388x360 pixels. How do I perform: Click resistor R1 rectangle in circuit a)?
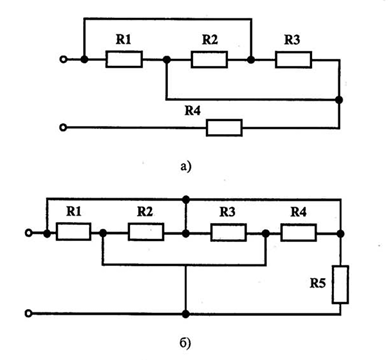pyautogui.click(x=124, y=59)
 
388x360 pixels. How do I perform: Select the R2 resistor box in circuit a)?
pyautogui.click(x=209, y=59)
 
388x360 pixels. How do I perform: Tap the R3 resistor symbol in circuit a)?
pyautogui.click(x=293, y=59)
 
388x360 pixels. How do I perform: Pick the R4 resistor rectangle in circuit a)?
pyautogui.click(x=224, y=128)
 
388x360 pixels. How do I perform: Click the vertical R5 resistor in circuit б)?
pyautogui.click(x=340, y=285)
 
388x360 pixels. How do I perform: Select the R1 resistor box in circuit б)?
pyautogui.click(x=73, y=232)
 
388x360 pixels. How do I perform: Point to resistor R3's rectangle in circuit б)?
pyautogui.click(x=229, y=232)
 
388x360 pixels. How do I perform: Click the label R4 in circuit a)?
pyautogui.click(x=193, y=111)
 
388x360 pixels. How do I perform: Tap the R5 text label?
pyautogui.click(x=318, y=283)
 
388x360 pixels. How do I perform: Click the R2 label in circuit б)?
pyautogui.click(x=145, y=211)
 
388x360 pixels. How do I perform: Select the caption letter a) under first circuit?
pyautogui.click(x=186, y=166)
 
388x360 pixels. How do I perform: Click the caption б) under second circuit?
pyautogui.click(x=186, y=343)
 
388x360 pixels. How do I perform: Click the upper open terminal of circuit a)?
pyautogui.click(x=63, y=60)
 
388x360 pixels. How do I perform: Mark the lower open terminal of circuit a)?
pyautogui.click(x=63, y=128)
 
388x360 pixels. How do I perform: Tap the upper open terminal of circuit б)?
pyautogui.click(x=29, y=233)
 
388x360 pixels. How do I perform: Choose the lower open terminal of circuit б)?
pyautogui.click(x=29, y=313)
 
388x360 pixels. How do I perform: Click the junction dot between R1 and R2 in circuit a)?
pyautogui.click(x=167, y=60)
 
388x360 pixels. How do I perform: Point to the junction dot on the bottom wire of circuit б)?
pyautogui.click(x=186, y=314)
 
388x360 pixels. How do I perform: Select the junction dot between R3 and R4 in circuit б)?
pyautogui.click(x=266, y=233)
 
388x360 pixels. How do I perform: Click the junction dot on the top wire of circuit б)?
pyautogui.click(x=186, y=199)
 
